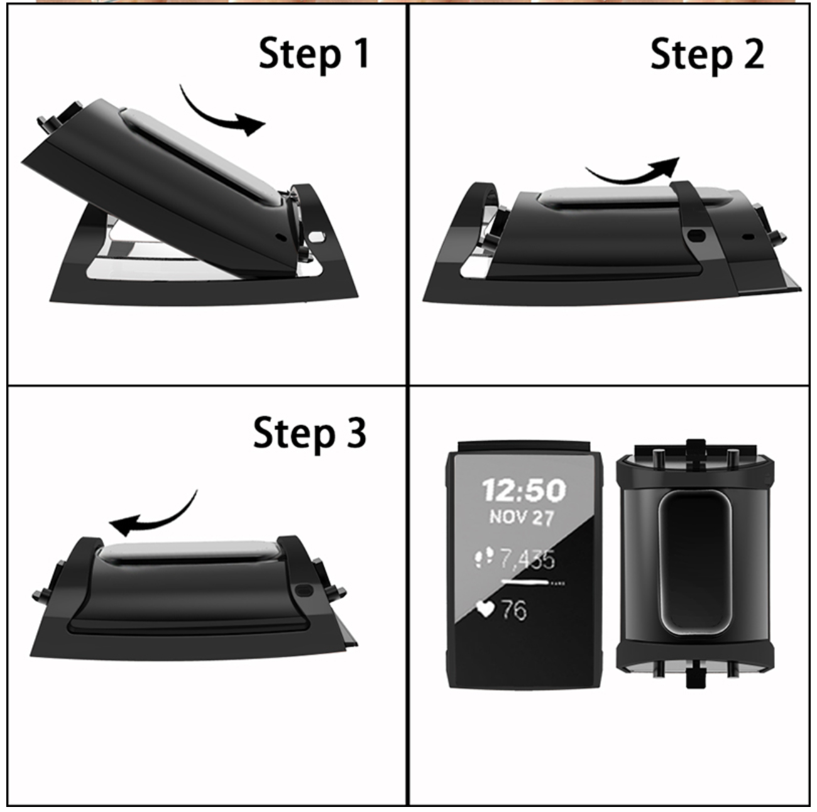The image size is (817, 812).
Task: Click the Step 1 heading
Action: (x=314, y=54)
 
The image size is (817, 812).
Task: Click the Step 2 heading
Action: (x=707, y=55)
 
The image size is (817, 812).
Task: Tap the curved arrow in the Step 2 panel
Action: (x=632, y=175)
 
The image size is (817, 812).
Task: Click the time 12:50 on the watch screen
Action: (x=524, y=490)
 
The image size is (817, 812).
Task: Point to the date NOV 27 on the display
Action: (x=522, y=517)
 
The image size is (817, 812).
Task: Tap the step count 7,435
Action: (x=527, y=559)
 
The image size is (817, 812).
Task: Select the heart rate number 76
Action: (x=514, y=610)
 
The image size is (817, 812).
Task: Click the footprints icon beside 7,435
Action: (x=483, y=557)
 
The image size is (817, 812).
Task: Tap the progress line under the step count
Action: (x=532, y=583)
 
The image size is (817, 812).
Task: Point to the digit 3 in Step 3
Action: (x=356, y=432)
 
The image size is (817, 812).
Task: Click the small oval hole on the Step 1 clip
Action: (x=316, y=236)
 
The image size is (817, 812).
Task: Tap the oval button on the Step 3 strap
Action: (x=304, y=591)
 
